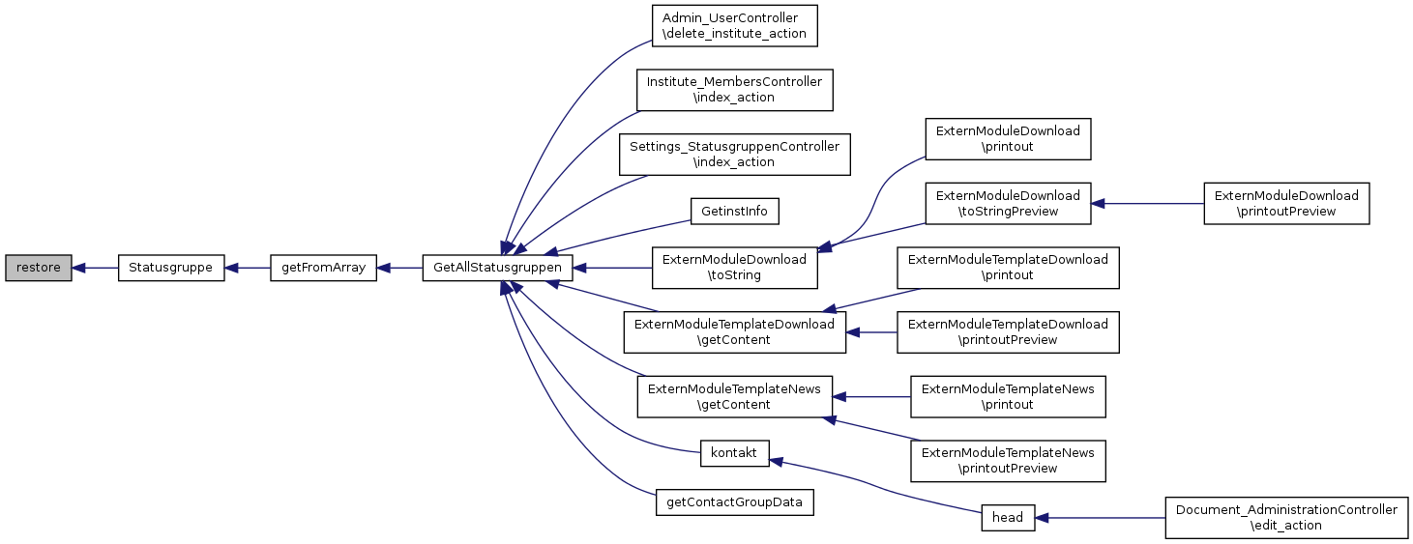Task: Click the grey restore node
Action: tap(38, 268)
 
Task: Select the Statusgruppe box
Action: tap(171, 268)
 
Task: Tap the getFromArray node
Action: tap(323, 268)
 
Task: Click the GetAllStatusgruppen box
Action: tap(498, 268)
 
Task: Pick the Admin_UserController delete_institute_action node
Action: tap(734, 27)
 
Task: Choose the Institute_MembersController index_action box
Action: tap(734, 90)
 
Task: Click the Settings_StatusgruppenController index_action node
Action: tap(734, 155)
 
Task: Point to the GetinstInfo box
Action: tap(734, 211)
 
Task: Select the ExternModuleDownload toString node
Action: tap(734, 268)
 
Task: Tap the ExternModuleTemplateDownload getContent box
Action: tap(734, 332)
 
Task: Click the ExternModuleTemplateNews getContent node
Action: tap(734, 396)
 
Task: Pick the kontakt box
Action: tap(734, 453)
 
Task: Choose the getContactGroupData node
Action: tap(734, 502)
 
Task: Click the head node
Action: tap(1008, 518)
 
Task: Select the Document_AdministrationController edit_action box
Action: tap(1285, 518)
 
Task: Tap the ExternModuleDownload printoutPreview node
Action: tap(1286, 204)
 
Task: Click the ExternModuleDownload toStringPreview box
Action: tap(1008, 204)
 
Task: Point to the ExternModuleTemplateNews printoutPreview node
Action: tap(1008, 461)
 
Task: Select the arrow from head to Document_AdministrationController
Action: tap(1100, 518)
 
